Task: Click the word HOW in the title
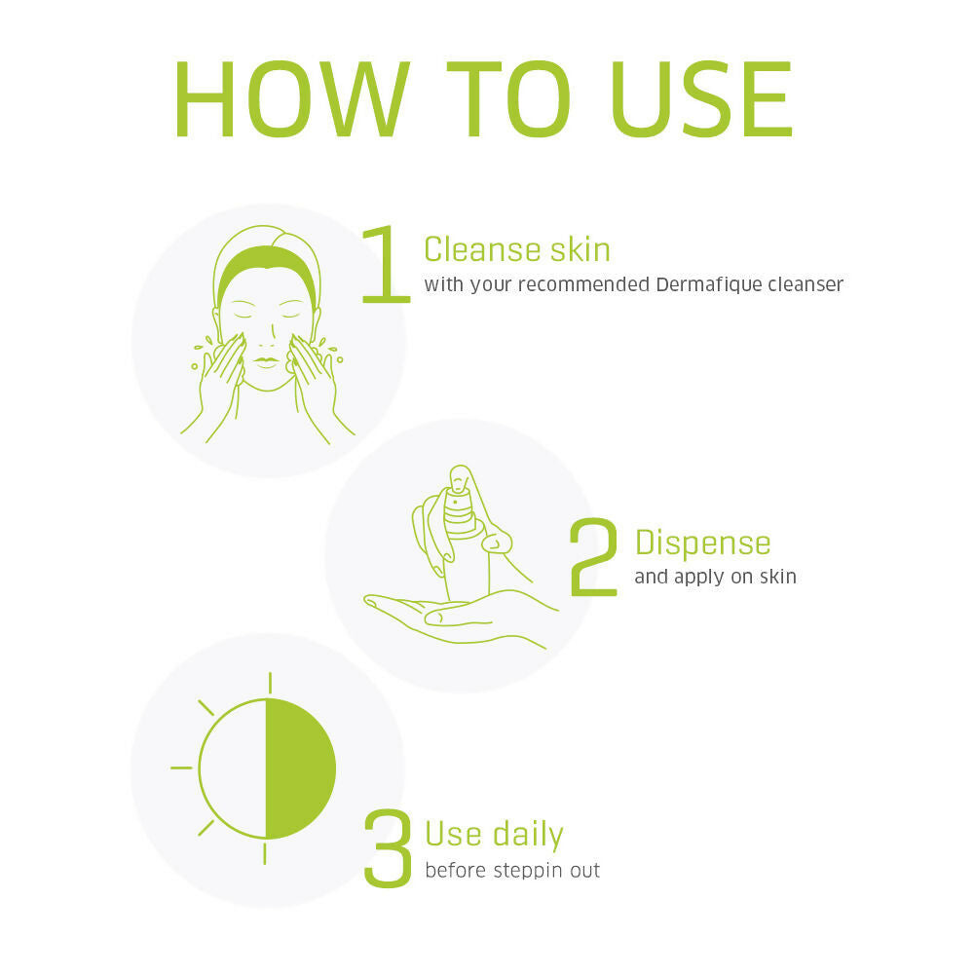click(x=292, y=99)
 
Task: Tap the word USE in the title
click(x=702, y=99)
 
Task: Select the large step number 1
click(x=386, y=264)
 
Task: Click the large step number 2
click(x=594, y=557)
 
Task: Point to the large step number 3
click(x=388, y=847)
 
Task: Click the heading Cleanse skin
click(x=517, y=249)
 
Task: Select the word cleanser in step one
click(x=805, y=284)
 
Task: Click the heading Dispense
click(x=702, y=543)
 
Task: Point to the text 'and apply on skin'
click(x=715, y=577)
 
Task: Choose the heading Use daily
click(x=495, y=835)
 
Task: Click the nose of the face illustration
click(x=267, y=335)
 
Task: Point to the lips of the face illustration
click(x=267, y=362)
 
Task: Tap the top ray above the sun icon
click(x=270, y=682)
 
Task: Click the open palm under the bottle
click(x=460, y=618)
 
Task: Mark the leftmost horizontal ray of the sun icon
click(x=181, y=768)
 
